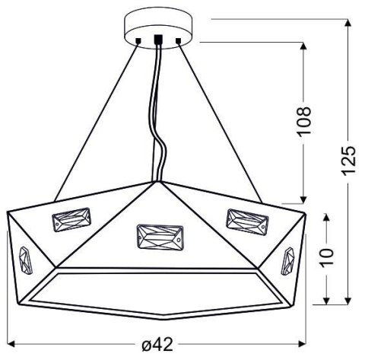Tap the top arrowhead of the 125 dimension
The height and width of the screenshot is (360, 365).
[x=349, y=23]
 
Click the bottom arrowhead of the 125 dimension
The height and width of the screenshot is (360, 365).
[x=349, y=298]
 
